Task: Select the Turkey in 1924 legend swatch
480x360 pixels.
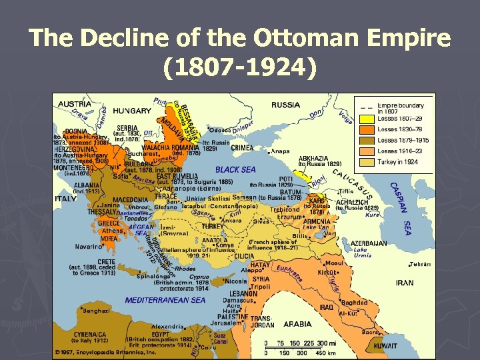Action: (366, 163)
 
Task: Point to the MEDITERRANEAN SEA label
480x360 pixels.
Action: (165, 300)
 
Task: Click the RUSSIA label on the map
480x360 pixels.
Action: (285, 105)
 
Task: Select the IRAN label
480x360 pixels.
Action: (405, 283)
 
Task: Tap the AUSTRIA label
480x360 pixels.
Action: (75, 104)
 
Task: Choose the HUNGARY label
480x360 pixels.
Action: (131, 111)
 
